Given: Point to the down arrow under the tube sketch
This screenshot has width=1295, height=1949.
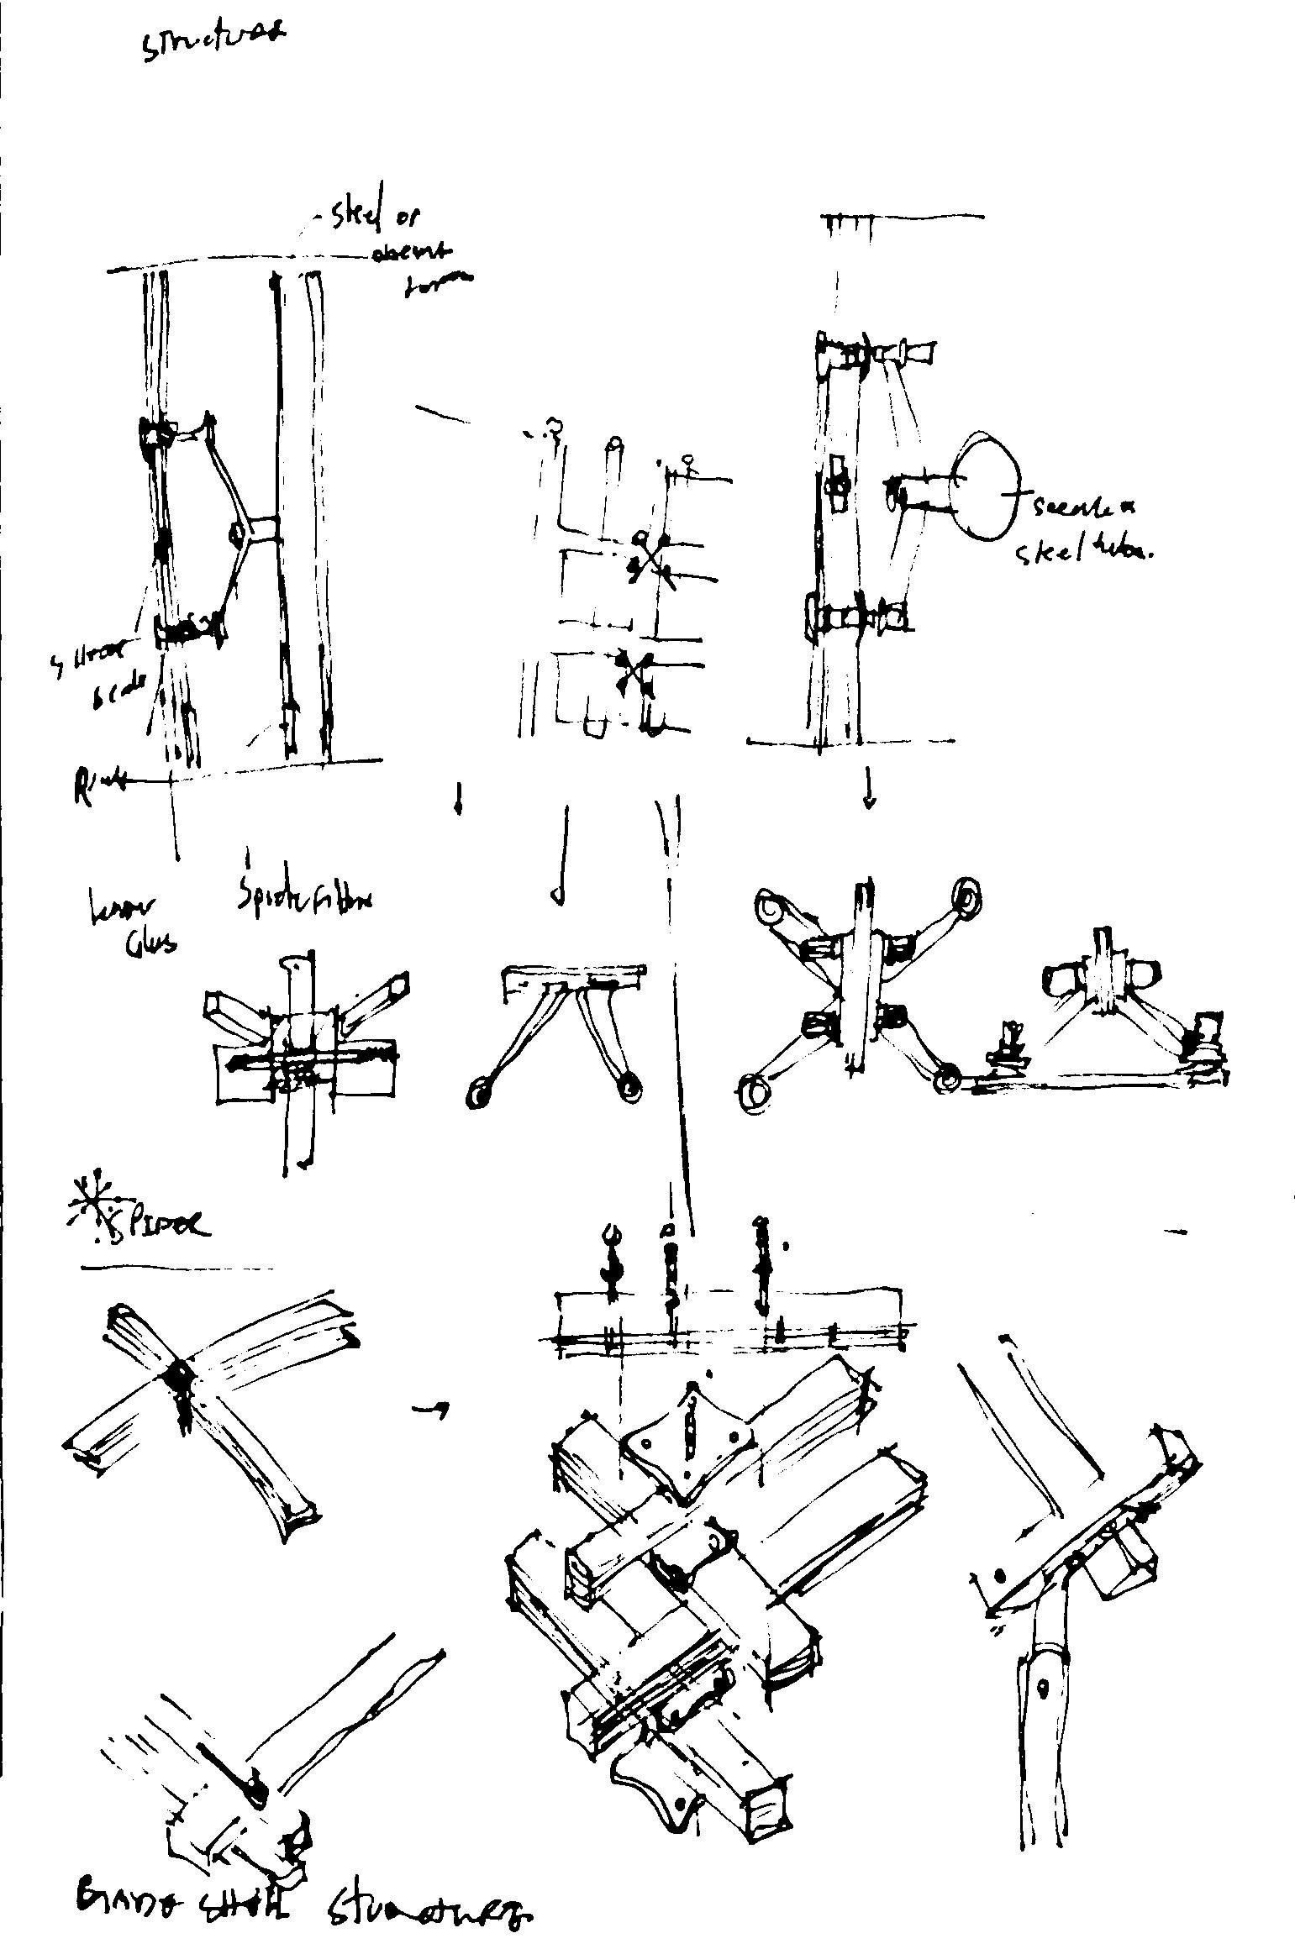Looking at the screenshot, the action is pyautogui.click(x=869, y=790).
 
